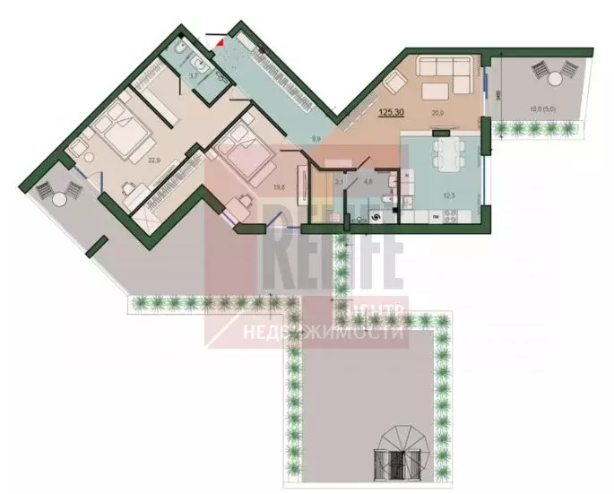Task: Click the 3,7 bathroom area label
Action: (192, 76)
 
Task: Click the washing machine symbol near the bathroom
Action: (376, 216)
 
